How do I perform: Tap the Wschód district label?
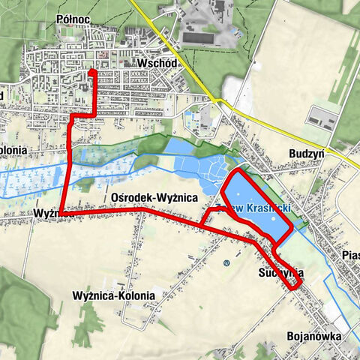[x=157, y=64]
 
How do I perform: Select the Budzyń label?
[x=306, y=152]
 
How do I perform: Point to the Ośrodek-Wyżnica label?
[x=153, y=196]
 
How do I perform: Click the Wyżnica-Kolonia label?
[x=114, y=295]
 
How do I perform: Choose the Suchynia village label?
[x=279, y=273]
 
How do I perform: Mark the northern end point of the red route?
[x=92, y=72]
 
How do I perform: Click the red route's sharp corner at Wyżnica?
[x=59, y=213]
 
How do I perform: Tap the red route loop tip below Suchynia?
[x=299, y=285]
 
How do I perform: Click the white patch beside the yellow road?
[x=232, y=90]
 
